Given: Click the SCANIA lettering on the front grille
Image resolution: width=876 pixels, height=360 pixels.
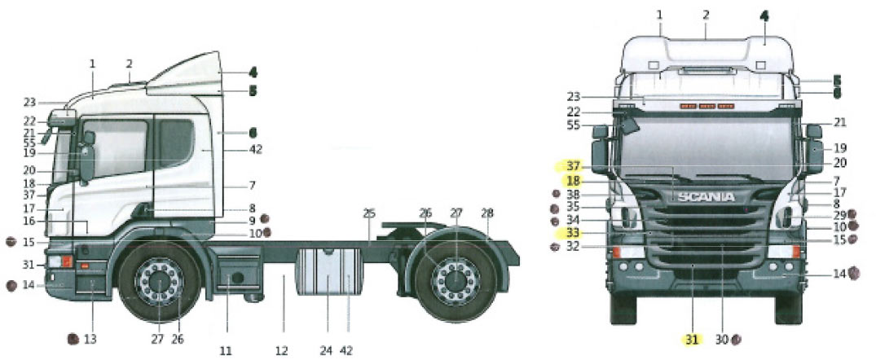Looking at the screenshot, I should click(x=705, y=197).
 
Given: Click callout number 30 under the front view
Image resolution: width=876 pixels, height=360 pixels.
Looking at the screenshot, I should click(x=721, y=337).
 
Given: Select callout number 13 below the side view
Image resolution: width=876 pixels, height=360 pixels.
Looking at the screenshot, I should click(x=90, y=337).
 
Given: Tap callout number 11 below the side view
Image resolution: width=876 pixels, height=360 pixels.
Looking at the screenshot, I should click(x=226, y=350).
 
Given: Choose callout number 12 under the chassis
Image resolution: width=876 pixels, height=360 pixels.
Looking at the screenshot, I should click(x=282, y=350).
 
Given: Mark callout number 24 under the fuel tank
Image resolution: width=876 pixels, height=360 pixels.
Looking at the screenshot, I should click(x=326, y=350).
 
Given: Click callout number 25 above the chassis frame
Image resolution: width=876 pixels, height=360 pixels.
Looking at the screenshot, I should click(x=368, y=213).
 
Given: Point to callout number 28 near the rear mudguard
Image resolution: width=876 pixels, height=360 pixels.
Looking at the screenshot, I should click(x=487, y=213).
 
